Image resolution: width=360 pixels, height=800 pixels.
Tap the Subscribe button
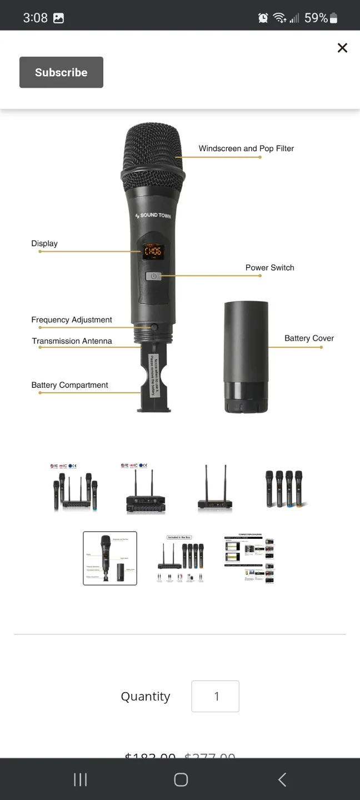(61, 72)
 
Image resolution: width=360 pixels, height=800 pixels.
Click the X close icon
(342, 48)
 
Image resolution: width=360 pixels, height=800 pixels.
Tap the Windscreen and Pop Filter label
(246, 148)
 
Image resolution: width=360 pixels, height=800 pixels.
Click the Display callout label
(44, 243)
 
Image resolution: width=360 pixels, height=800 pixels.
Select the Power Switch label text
(269, 267)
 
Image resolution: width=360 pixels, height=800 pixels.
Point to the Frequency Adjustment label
(72, 319)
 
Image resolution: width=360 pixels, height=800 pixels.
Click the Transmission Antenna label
(72, 341)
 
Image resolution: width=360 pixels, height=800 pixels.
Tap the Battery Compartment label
(69, 385)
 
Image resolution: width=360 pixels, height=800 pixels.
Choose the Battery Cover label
(309, 338)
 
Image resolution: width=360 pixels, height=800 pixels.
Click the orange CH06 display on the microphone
(153, 251)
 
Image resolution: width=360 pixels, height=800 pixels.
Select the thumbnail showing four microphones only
(284, 489)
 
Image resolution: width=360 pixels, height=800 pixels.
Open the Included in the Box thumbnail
(180, 558)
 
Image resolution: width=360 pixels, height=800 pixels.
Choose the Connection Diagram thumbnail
(249, 558)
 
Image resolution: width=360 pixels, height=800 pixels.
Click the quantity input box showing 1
(216, 696)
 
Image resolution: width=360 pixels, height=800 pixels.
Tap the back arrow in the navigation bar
(282, 779)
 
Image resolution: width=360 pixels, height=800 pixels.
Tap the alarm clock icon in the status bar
(263, 18)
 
